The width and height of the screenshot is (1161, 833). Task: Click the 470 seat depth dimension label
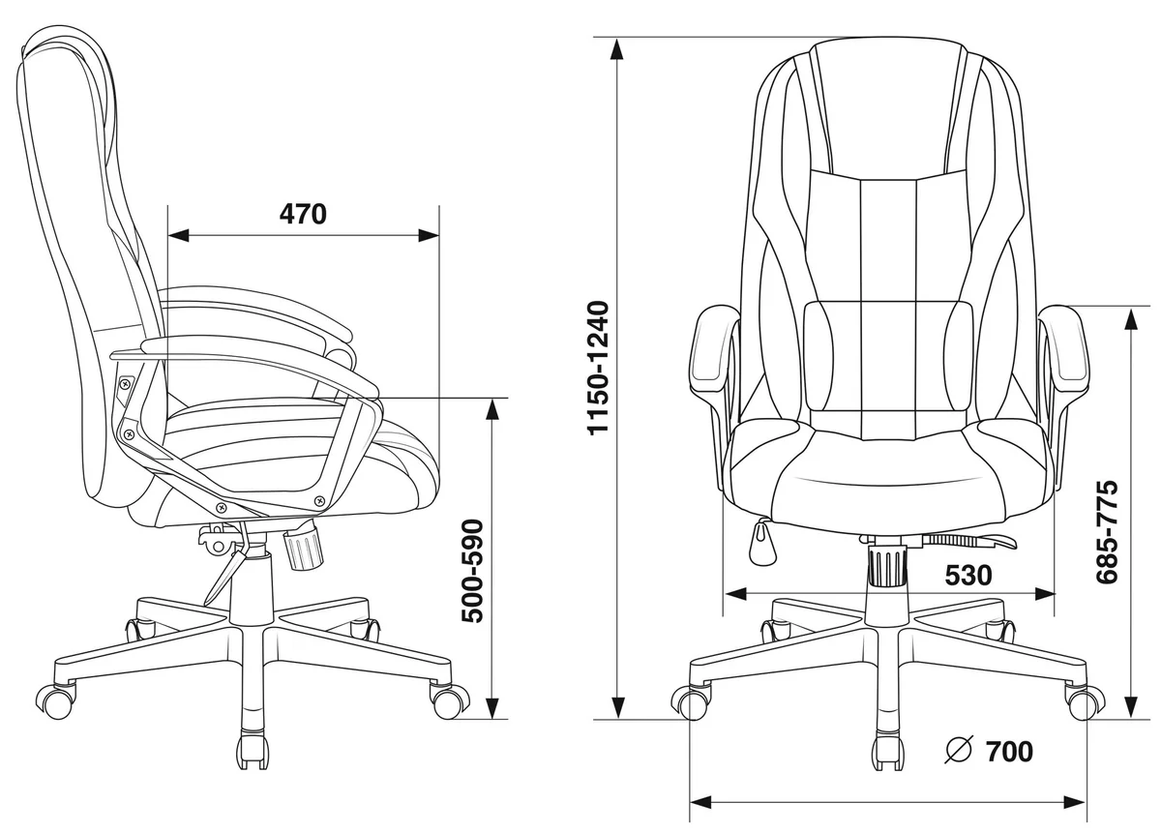(303, 214)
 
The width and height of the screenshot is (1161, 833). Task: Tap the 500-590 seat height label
(473, 571)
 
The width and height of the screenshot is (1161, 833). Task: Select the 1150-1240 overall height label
(598, 368)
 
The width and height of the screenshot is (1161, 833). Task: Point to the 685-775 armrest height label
(1107, 532)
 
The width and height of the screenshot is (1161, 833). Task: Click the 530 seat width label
(968, 575)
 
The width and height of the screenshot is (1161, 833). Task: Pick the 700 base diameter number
(1009, 752)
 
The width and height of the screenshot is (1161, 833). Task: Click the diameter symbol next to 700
(959, 750)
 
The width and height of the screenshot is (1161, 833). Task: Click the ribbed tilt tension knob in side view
(303, 549)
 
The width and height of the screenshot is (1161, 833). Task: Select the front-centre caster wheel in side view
(253, 750)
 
